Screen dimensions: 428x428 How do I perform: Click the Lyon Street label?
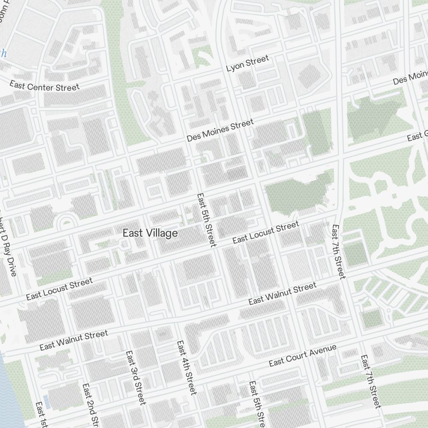(x=247, y=63)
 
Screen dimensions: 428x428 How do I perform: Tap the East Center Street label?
(x=45, y=86)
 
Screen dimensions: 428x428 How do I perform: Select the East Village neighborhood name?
(x=150, y=233)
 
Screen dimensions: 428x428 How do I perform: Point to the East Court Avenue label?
(x=303, y=355)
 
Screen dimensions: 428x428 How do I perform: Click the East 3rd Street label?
(x=136, y=377)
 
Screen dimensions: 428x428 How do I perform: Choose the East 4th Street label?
(x=187, y=367)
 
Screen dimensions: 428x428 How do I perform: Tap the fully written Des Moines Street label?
(x=220, y=131)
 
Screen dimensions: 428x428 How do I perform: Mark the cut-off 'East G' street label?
(x=417, y=137)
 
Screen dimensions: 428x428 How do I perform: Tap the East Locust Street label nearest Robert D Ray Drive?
(x=59, y=289)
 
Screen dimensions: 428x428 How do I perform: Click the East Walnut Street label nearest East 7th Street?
(x=282, y=294)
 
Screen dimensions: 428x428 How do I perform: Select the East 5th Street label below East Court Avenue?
(x=256, y=402)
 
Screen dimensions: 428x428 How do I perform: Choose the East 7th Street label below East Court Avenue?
(x=370, y=381)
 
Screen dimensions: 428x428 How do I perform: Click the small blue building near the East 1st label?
(x=46, y=401)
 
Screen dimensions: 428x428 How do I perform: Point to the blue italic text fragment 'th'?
(x=3, y=53)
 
